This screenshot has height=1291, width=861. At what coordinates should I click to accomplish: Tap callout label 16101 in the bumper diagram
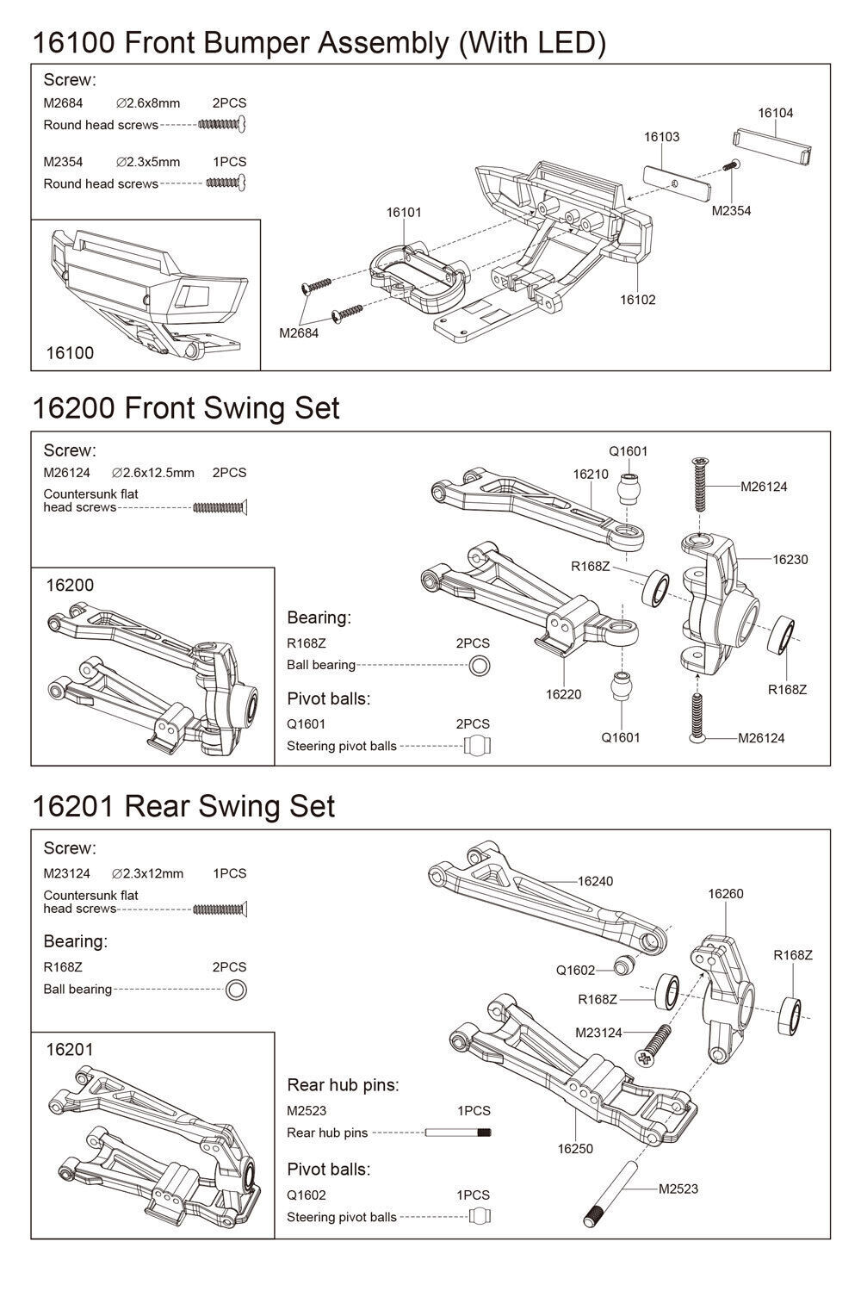click(404, 212)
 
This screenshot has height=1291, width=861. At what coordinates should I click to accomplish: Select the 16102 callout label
click(637, 300)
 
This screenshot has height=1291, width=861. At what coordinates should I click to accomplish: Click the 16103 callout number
click(661, 136)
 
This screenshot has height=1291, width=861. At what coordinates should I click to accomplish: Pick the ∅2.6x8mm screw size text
click(147, 103)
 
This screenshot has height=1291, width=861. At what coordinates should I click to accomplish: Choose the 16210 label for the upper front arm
click(590, 474)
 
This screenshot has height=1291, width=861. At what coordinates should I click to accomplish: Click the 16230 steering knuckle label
click(790, 559)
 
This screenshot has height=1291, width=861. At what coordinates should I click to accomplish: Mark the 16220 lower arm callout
click(563, 694)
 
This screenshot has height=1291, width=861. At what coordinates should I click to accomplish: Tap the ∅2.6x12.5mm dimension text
click(153, 473)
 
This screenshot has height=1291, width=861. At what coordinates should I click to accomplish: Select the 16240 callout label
click(595, 881)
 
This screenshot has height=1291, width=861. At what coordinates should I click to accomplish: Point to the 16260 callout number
click(725, 893)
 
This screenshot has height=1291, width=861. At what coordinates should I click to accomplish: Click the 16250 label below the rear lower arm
click(575, 1148)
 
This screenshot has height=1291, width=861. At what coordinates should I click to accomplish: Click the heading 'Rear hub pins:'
click(343, 1085)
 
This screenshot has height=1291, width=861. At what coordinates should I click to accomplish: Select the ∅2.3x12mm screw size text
click(147, 873)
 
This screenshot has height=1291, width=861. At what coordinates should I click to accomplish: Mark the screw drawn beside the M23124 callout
click(654, 1041)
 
